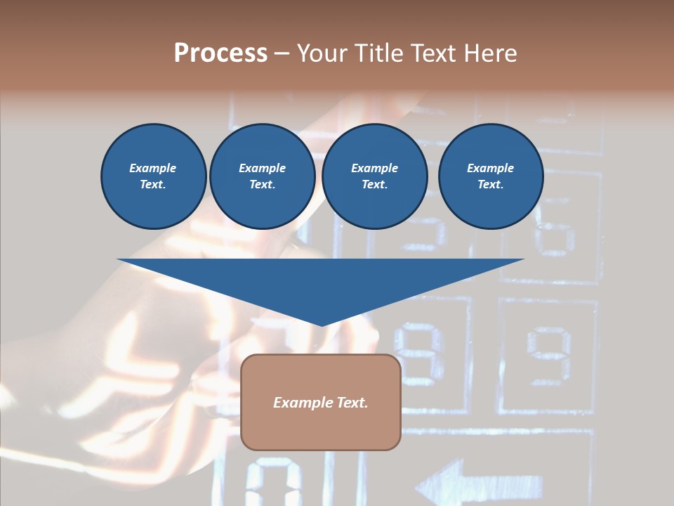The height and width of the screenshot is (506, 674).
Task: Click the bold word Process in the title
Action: (220, 53)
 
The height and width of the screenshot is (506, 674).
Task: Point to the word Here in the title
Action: (491, 53)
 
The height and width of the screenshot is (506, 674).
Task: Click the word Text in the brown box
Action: (351, 403)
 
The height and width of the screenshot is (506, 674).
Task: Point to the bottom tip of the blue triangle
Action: (322, 325)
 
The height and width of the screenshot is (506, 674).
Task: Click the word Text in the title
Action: (430, 53)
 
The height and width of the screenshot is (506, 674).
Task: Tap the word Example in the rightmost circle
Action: (490, 168)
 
